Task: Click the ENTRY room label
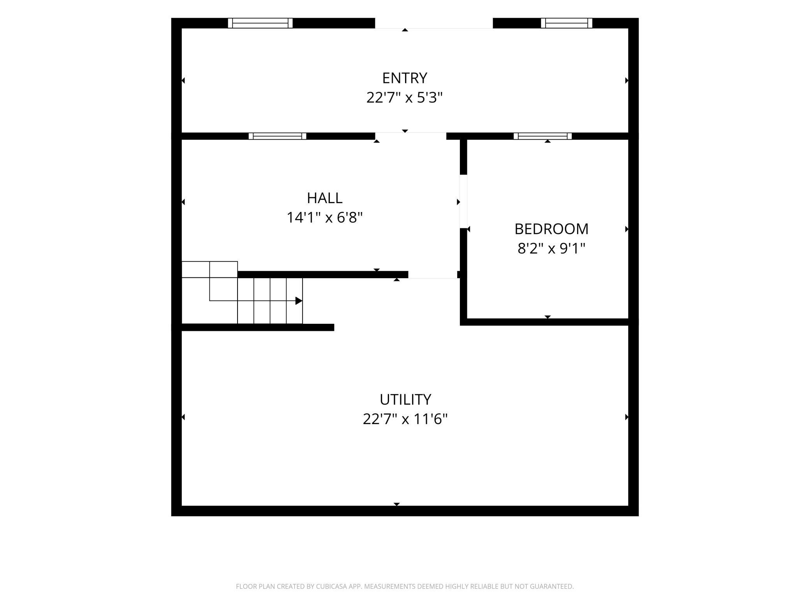[405, 78]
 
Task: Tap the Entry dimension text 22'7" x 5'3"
[405, 97]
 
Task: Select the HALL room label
[325, 198]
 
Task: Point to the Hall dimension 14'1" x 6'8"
[325, 217]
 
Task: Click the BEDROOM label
[551, 229]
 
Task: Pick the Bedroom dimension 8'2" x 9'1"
[551, 248]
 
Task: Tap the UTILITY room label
[405, 400]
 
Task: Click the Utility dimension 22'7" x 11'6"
[405, 419]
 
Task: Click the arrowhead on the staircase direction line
[299, 301]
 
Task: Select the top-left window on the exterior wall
[260, 23]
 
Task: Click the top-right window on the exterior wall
[567, 23]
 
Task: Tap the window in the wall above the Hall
[277, 136]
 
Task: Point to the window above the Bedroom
[542, 136]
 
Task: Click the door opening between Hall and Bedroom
[463, 202]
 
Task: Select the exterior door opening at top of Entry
[434, 23]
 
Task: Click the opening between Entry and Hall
[410, 136]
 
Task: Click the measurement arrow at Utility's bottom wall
[396, 504]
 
